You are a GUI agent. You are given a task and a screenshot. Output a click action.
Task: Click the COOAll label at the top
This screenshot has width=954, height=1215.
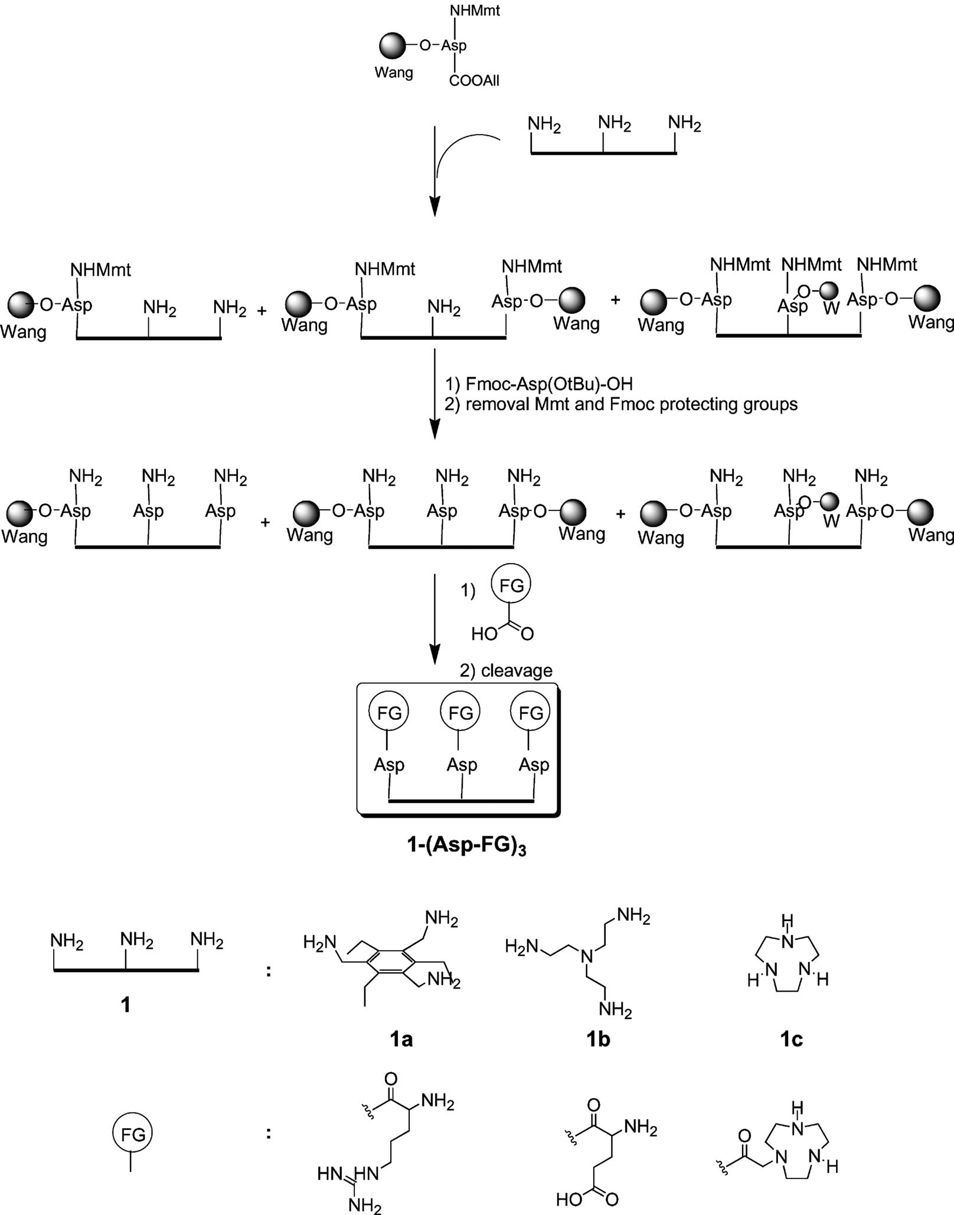coord(474,81)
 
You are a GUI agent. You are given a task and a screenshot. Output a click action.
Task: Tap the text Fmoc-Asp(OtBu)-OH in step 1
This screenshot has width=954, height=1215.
coord(549,384)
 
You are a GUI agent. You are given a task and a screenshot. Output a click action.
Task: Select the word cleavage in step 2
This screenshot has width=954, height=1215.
coord(517,670)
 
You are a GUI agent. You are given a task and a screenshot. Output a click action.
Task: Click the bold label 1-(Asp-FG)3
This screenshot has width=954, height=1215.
coord(466,846)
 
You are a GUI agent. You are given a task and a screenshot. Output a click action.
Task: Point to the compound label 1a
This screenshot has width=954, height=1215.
coord(401,1039)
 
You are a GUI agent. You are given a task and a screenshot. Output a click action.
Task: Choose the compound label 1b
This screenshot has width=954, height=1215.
coord(597,1039)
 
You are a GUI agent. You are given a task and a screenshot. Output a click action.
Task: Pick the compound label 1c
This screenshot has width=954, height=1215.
coord(791,1039)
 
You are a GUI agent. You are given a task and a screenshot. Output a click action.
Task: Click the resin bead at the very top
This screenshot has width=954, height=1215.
coord(393,45)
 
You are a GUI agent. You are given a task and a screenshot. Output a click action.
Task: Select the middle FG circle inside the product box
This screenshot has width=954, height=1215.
coord(460,713)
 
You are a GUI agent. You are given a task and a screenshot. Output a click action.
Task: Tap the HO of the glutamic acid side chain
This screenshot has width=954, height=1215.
coord(569,1199)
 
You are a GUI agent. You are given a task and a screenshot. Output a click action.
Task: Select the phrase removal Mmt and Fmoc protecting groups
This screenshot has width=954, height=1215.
coord(632,404)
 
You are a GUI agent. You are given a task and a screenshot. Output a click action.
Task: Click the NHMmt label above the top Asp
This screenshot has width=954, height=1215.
coord(475,11)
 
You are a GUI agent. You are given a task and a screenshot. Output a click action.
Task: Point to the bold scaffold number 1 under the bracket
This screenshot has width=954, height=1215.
coord(125,1004)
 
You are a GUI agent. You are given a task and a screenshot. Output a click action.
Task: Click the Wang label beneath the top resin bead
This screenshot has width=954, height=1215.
coord(394,73)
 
